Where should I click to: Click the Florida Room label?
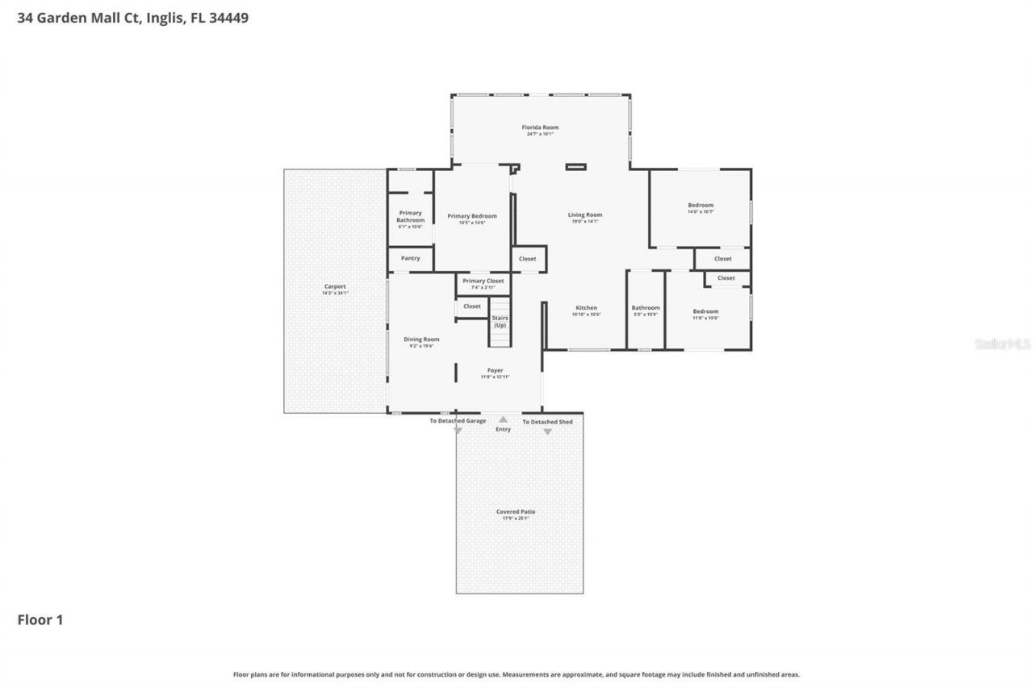pos(540,127)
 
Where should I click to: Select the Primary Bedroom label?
pos(472,216)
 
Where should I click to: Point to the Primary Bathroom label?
pos(410,216)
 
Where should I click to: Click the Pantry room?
pos(410,259)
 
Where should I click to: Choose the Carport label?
pos(335,286)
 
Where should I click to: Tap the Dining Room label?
pos(421,340)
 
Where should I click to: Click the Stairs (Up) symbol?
pos(500,323)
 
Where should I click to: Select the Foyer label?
pos(495,371)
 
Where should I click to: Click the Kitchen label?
pos(586,308)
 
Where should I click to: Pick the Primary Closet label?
pos(483,281)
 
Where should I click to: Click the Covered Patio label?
pos(515,512)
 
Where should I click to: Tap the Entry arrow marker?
pos(503,419)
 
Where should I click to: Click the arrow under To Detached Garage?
pos(458,432)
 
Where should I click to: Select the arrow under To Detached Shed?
pos(547,432)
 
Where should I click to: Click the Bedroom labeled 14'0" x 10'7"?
pos(700,206)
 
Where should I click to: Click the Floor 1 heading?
pos(40,620)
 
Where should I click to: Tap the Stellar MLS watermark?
pos(1002,344)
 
